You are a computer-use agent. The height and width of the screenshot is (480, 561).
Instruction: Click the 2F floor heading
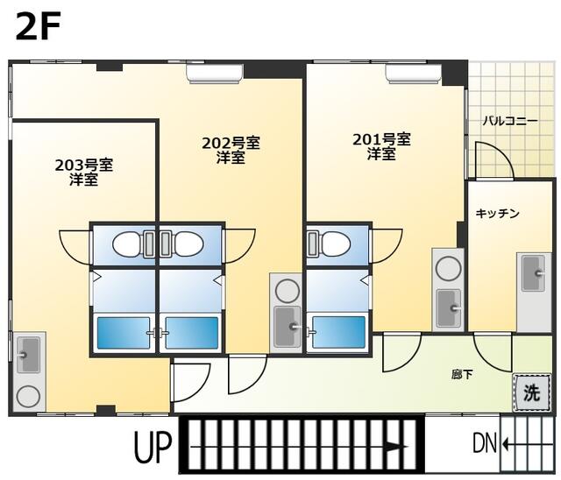[38, 25]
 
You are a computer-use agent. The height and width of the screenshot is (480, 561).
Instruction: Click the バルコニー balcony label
[510, 121]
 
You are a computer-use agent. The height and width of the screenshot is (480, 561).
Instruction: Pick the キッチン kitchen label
[497, 214]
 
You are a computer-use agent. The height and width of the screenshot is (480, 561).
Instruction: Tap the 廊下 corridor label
[462, 375]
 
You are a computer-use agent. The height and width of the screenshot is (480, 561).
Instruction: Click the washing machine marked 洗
[531, 392]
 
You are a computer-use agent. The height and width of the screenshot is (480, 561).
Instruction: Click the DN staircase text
[485, 443]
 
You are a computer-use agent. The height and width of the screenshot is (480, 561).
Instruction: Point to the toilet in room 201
[329, 244]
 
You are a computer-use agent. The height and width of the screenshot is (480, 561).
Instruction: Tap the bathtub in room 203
[124, 333]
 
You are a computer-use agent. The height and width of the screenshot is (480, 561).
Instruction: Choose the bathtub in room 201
[339, 333]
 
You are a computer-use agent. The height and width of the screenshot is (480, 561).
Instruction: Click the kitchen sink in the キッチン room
[534, 273]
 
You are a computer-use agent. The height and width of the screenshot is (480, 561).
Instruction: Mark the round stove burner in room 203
[28, 397]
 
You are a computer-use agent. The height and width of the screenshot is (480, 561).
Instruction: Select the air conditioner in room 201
[414, 74]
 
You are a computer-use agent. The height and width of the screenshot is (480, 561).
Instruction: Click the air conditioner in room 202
[215, 74]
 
